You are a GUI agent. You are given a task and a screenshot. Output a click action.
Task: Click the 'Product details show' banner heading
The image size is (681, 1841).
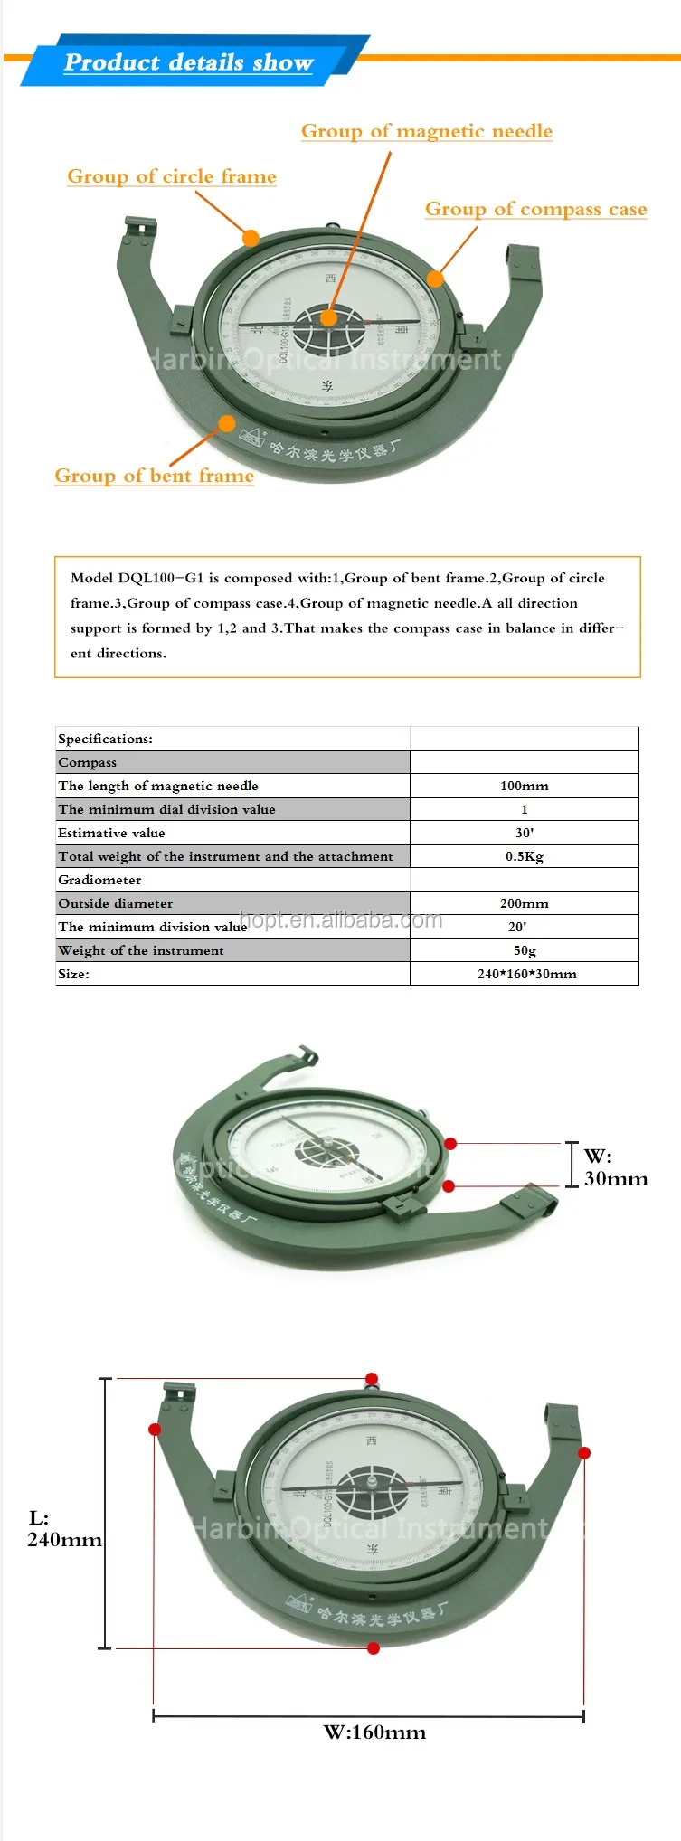(188, 62)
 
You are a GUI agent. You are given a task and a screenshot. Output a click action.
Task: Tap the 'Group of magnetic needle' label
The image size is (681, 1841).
(426, 131)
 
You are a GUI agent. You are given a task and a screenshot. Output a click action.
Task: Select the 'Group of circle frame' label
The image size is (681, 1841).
(172, 176)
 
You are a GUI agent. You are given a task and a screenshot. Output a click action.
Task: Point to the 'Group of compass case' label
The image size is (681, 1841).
(535, 209)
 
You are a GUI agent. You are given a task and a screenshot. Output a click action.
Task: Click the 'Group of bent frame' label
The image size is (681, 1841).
(154, 476)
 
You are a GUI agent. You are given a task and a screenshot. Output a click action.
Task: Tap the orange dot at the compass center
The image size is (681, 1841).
(328, 317)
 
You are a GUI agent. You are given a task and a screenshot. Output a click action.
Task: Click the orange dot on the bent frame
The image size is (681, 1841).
(226, 423)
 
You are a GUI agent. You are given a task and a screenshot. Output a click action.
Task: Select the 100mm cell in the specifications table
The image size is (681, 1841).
(524, 786)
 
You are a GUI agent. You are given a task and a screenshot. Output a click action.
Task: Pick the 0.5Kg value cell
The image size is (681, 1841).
(524, 856)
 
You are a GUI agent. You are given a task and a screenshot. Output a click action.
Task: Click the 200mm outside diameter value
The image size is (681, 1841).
(524, 903)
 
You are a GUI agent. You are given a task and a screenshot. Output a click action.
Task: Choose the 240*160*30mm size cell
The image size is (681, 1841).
(526, 974)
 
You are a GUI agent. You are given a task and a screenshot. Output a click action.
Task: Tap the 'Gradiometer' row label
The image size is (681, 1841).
(99, 880)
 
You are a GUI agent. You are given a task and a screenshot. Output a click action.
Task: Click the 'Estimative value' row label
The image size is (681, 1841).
(111, 833)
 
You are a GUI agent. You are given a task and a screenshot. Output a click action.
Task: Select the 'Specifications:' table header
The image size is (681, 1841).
(105, 739)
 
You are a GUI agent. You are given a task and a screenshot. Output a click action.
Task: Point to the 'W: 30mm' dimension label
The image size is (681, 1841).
(615, 1166)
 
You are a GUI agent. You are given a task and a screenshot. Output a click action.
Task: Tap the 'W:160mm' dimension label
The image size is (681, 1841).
(374, 1732)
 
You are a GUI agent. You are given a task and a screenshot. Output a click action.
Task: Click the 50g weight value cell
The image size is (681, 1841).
(525, 950)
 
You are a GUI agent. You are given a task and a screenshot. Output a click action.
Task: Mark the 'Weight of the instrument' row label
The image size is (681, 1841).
(140, 950)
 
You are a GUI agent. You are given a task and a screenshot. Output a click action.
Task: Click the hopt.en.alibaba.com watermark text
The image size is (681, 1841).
(341, 920)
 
